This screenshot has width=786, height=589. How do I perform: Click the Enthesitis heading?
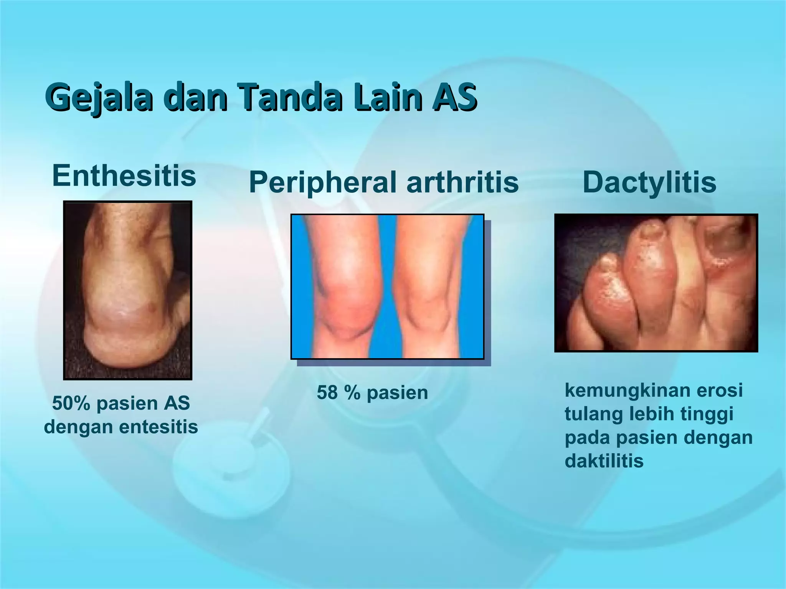pyautogui.click(x=124, y=176)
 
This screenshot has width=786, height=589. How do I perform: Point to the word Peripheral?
pyautogui.click(x=323, y=183)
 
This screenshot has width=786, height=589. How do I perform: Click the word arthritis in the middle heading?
pyautogui.click(x=462, y=182)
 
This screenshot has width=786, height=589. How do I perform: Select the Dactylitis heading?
pyautogui.click(x=649, y=182)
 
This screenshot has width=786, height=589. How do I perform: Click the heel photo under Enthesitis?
pyautogui.click(x=127, y=290)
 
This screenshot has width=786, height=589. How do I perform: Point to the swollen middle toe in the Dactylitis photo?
pyautogui.click(x=649, y=284)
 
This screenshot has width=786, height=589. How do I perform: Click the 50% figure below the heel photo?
pyautogui.click(x=71, y=403)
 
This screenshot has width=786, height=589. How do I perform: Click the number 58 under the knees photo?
pyautogui.click(x=327, y=393)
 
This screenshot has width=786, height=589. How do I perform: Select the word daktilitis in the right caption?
pyautogui.click(x=604, y=461)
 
